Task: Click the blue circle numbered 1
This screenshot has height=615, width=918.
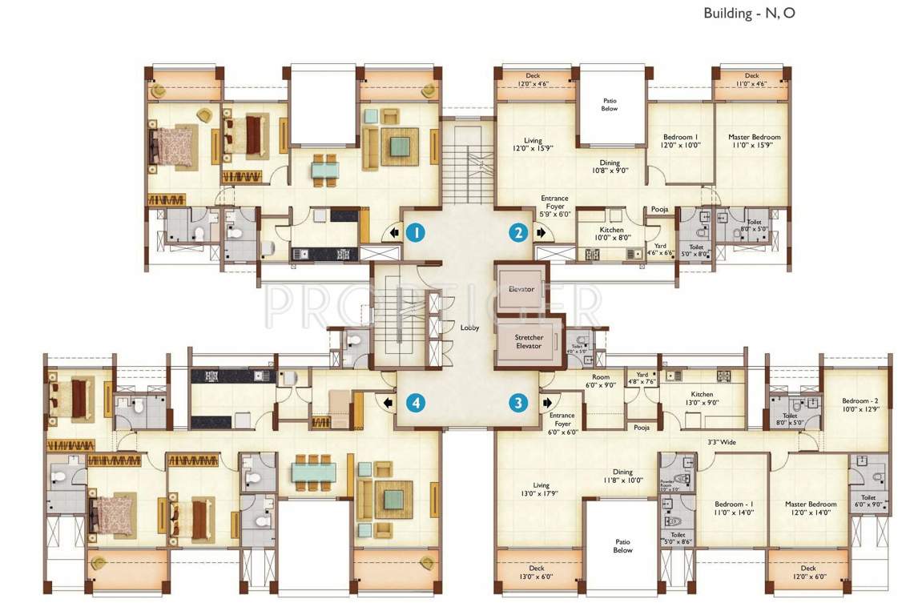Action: [415, 233]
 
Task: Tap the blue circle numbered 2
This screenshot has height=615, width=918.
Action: [518, 233]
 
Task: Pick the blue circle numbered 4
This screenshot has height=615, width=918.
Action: [415, 403]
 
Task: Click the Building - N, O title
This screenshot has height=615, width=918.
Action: [749, 13]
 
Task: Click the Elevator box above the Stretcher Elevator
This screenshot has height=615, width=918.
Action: [522, 288]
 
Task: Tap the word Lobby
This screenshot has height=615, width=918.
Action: [469, 328]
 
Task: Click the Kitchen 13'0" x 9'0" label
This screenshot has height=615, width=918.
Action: [702, 399]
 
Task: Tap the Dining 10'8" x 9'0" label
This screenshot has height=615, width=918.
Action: [610, 167]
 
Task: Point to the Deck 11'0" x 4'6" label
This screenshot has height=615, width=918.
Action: [751, 80]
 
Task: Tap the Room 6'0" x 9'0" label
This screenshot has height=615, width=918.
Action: [600, 381]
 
